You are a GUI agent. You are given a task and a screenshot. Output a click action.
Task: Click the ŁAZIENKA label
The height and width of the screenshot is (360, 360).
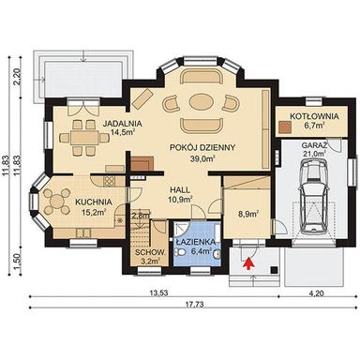pyautogui.click(x=197, y=241)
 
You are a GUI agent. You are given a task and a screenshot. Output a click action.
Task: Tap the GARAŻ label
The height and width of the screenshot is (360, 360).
pyautogui.click(x=313, y=146)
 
